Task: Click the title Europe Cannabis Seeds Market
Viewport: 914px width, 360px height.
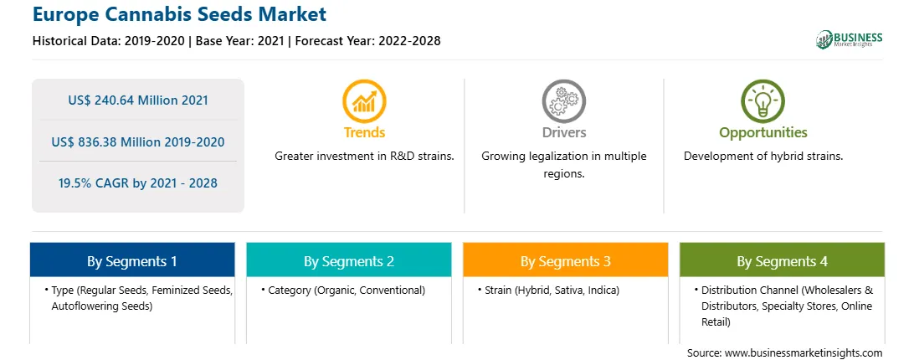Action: [179, 14]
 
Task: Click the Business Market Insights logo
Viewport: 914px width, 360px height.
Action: [849, 39]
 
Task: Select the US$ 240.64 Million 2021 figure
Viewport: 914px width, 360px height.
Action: [137, 100]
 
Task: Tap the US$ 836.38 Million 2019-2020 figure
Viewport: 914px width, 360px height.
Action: [137, 141]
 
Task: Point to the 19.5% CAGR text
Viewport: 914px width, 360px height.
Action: [137, 183]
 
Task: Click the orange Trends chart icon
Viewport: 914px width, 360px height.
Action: [364, 101]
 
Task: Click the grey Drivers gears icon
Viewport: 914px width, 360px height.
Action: [563, 101]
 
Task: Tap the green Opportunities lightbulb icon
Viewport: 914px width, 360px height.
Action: [763, 101]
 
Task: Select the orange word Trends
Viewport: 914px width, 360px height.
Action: [364, 132]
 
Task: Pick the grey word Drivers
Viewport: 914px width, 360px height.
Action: [563, 132]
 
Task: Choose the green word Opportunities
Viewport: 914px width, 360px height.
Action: [763, 132]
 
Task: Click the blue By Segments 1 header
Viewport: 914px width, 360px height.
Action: [132, 260]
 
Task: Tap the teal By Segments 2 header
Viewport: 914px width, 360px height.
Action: [348, 260]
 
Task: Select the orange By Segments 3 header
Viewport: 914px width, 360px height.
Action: [566, 260]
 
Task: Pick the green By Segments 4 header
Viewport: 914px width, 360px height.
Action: [783, 260]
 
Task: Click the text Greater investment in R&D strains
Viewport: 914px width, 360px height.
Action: [364, 157]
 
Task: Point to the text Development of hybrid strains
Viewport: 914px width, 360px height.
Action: [763, 157]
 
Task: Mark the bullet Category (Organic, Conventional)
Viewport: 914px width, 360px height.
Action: [343, 290]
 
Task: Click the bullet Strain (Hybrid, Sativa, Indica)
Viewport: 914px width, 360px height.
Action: [548, 290]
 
